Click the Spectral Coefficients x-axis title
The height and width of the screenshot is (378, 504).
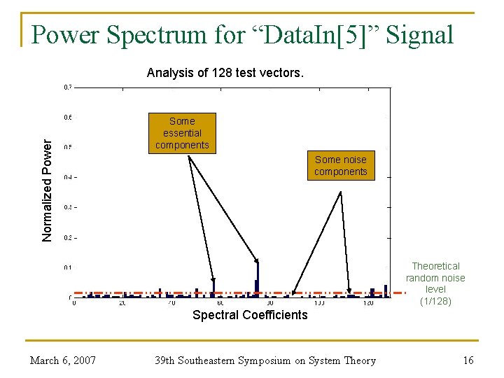pos(250,315)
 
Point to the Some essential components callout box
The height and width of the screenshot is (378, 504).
pos(182,133)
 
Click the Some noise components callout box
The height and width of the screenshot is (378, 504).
pos(341,166)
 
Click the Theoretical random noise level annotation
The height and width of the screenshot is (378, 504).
pos(435,278)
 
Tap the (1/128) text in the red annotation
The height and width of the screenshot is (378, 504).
pos(435,301)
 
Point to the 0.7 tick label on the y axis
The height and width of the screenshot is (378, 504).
pos(67,87)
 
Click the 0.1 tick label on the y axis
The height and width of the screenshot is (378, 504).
pos(67,267)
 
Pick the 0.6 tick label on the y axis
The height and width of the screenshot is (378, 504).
pos(67,118)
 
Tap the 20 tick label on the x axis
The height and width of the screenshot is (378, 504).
pos(122,303)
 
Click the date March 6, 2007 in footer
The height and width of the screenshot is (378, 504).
pos(63,360)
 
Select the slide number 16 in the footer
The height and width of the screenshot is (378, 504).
pos(468,360)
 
